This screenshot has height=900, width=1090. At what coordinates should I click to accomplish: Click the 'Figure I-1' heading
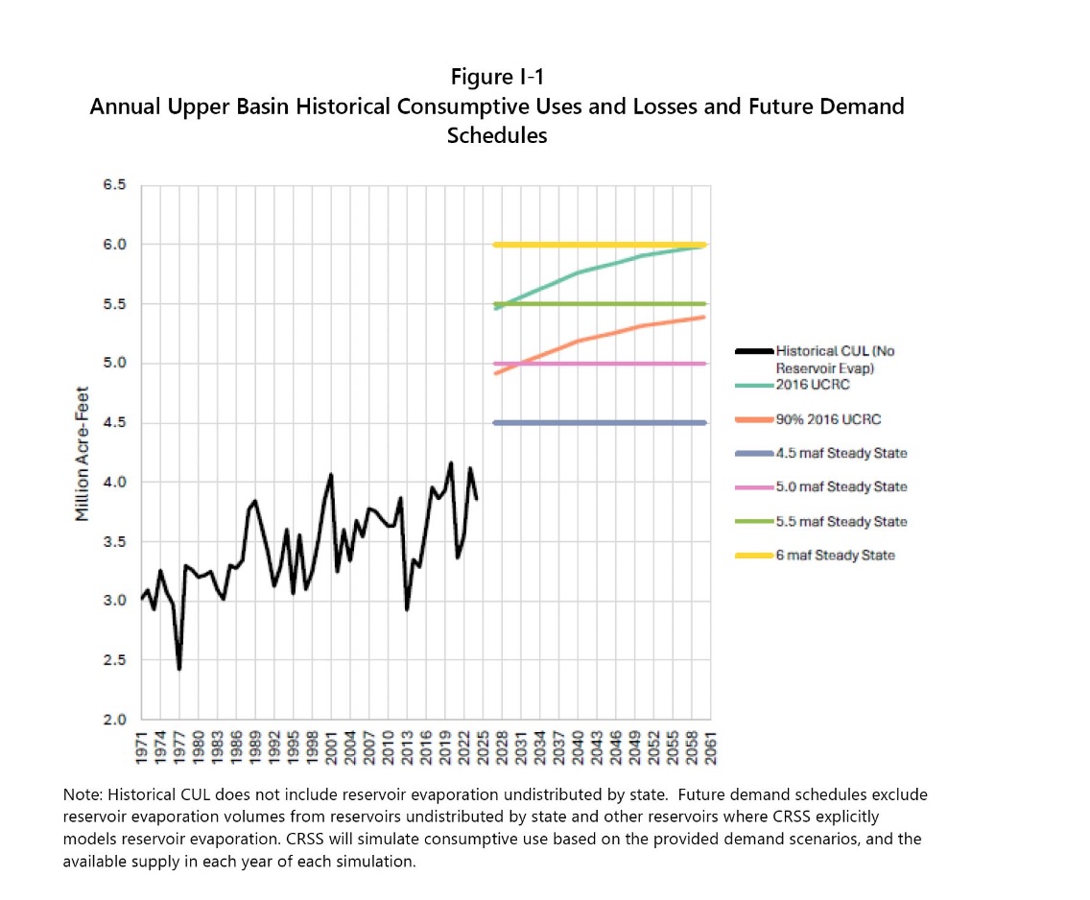pos(496,77)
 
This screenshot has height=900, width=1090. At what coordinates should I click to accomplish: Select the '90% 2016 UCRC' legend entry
pos(821,420)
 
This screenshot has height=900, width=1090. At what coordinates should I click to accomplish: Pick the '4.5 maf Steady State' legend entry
pos(841,454)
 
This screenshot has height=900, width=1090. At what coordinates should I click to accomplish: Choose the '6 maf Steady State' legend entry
pos(835,556)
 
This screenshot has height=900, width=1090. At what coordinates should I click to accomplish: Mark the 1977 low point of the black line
pos(179,669)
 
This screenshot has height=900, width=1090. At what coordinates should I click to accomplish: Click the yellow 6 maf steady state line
pos(595,245)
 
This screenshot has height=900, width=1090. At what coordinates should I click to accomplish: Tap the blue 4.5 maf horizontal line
pos(595,423)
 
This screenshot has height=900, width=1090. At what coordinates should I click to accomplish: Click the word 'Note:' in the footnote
pos(83,795)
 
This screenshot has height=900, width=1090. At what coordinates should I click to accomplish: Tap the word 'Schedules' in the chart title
pos(496,135)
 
